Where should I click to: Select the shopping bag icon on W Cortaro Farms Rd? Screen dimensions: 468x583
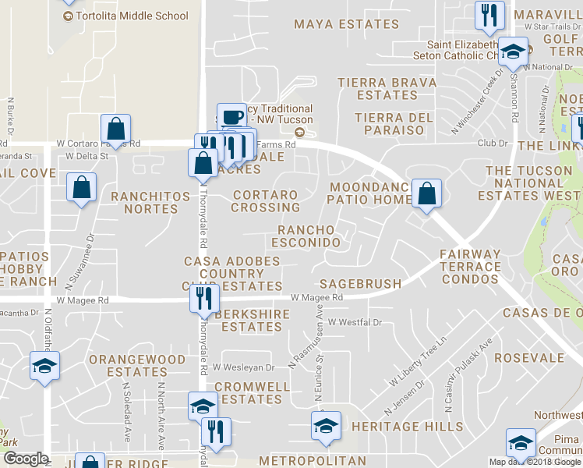[115, 129]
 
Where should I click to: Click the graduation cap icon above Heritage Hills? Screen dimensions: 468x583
[326, 425]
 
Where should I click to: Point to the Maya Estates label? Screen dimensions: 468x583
[336, 24]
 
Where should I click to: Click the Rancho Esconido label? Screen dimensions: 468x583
[309, 236]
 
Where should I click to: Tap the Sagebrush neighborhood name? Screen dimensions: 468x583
[360, 284]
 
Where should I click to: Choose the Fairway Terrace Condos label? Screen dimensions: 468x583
[470, 266]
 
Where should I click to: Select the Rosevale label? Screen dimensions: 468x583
[534, 357]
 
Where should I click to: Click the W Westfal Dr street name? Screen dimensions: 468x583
[355, 322]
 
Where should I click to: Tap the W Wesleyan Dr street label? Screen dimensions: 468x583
[244, 367]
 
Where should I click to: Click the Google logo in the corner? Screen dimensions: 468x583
[26, 459]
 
